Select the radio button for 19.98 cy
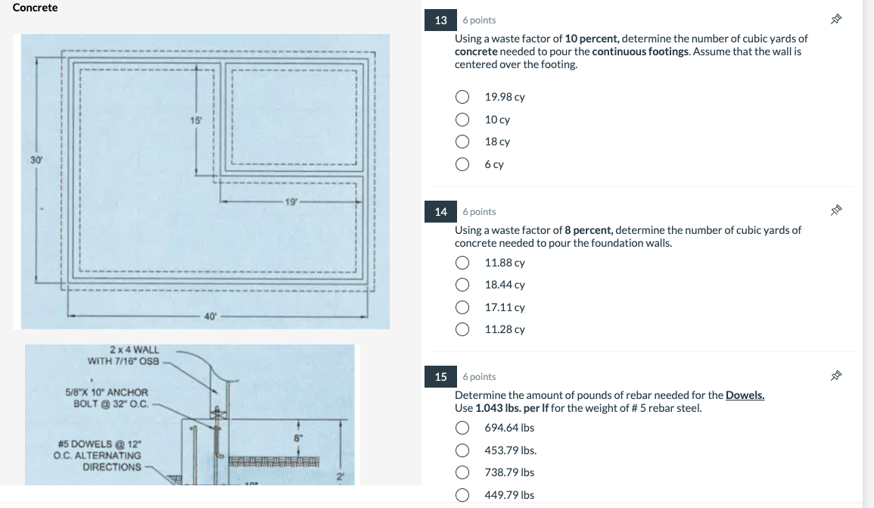462,97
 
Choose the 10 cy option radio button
462,120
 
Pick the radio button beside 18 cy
462,142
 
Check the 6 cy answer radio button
462,164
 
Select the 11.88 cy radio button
462,263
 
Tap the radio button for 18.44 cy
462,285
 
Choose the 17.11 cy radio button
462,307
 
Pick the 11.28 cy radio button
462,329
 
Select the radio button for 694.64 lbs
462,428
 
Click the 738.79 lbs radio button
462,472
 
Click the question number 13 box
441,20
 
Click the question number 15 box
441,376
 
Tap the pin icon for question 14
836,211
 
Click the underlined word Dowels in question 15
745,395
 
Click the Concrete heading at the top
35,8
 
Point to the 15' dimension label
196,120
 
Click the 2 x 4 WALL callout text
134,350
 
